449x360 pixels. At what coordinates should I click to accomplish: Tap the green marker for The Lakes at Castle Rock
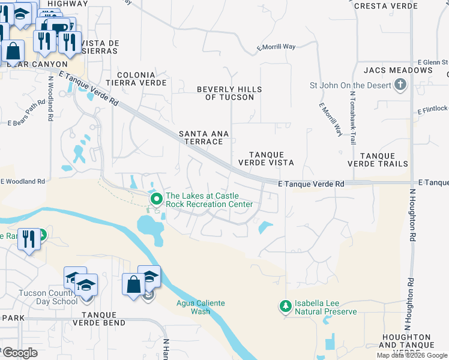pos(157,199)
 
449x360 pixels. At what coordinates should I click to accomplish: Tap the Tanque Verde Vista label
pos(266,158)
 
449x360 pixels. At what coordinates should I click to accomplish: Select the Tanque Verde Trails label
pos(376,159)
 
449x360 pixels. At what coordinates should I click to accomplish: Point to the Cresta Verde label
pos(386,6)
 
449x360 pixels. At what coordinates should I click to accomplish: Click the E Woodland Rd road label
pos(23,181)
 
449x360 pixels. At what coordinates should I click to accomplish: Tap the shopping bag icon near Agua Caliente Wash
pos(133,284)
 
